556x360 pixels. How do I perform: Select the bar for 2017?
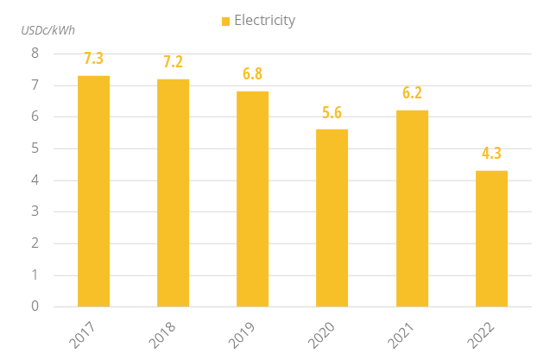[93, 191]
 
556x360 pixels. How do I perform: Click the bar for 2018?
[173, 193]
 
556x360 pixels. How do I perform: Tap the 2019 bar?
[252, 199]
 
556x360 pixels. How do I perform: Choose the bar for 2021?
[412, 208]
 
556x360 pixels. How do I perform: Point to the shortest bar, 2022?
[491, 238]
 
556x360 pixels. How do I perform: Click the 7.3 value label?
[93, 59]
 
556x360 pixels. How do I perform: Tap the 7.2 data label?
[173, 62]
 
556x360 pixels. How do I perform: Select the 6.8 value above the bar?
[252, 74]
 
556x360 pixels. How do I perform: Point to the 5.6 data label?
[332, 112]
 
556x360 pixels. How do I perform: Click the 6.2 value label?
[412, 93]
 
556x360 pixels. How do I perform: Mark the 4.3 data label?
[491, 154]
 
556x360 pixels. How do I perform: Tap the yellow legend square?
[226, 21]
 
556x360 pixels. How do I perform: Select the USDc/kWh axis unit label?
[48, 30]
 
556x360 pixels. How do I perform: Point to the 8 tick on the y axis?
[35, 54]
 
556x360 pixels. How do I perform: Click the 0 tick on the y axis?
[35, 306]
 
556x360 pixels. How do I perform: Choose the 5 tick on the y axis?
[35, 148]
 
